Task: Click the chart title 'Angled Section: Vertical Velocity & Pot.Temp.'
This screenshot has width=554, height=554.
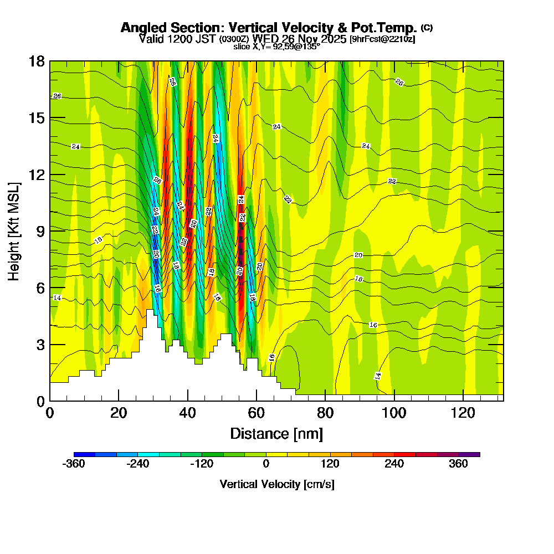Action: coord(269,28)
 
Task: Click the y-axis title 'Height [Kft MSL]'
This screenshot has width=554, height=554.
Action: coord(14,230)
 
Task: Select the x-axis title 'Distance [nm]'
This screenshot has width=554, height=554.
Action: coord(276,433)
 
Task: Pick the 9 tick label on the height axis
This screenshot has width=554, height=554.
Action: coord(40,231)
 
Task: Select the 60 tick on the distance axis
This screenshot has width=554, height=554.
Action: coord(256,413)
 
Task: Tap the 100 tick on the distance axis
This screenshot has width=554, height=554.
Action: coord(394,413)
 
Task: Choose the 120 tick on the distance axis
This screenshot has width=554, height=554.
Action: coord(463,413)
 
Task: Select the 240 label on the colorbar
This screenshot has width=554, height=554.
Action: coord(394,464)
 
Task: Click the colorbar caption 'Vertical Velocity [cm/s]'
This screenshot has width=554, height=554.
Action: coord(276,484)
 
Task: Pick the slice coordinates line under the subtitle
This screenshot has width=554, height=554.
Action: coord(276,47)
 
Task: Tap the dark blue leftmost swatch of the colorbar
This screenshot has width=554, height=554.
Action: coord(84,454)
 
